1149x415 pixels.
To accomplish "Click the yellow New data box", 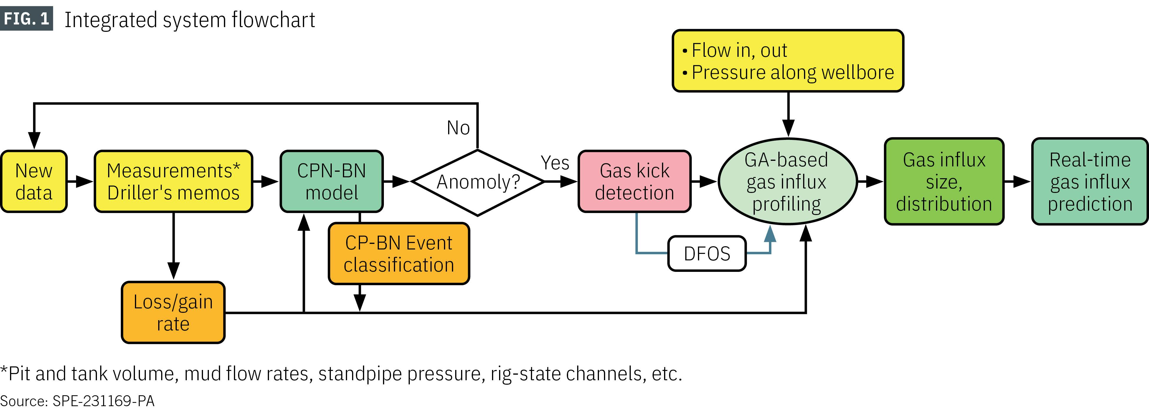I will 34,181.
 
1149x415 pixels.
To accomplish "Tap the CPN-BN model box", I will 331,181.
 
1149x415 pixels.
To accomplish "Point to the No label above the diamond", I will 458,128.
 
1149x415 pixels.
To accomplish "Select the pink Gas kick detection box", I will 634,181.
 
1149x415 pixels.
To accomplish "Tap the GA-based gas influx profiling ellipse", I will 787,181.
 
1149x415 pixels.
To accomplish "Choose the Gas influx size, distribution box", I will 944,181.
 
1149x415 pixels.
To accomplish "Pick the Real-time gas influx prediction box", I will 1090,181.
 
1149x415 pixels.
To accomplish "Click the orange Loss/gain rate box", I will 173,313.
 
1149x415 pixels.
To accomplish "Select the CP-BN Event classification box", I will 399,254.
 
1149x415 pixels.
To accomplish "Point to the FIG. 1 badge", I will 26,19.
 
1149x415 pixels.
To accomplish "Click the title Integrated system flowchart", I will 189,20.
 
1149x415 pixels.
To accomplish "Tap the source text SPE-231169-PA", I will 103,401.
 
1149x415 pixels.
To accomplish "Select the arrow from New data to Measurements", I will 80,181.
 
